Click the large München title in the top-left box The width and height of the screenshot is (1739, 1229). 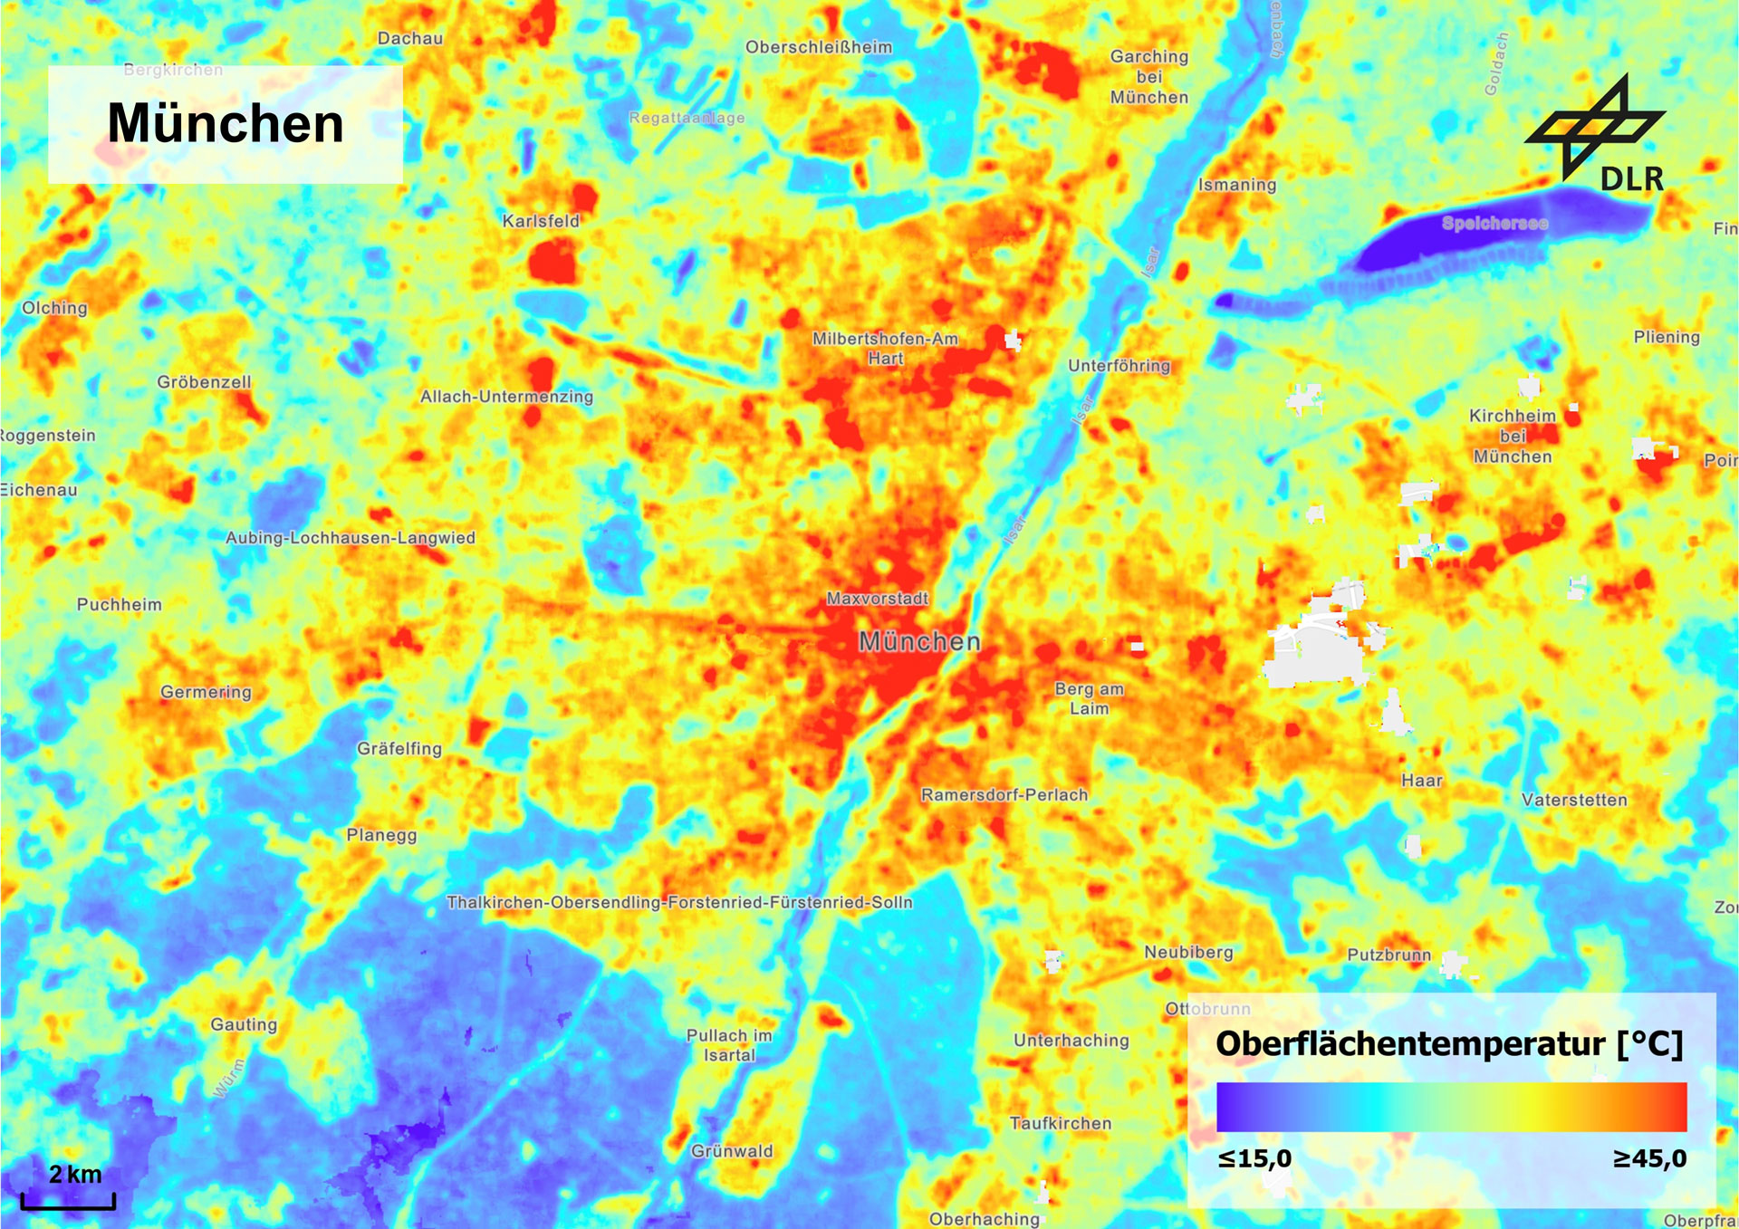(226, 123)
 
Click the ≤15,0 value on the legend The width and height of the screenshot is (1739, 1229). (1254, 1158)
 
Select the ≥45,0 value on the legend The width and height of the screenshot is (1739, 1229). (1649, 1158)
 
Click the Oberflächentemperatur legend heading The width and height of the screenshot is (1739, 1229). (1449, 1043)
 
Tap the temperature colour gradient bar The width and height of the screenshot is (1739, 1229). (1451, 1106)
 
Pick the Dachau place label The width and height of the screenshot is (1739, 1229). (410, 38)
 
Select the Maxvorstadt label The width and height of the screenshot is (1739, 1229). (877, 599)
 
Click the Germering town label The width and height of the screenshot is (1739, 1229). (206, 692)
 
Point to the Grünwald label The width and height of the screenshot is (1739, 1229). (732, 1151)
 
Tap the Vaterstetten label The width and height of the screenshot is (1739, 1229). (1574, 800)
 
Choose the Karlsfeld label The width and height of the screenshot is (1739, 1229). (541, 221)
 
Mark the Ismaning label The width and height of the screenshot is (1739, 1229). (1237, 185)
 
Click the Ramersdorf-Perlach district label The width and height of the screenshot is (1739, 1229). (1004, 794)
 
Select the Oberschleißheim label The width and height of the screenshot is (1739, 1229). (819, 47)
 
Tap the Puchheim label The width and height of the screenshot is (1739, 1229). (120, 604)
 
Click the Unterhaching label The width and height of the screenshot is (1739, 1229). (1071, 1041)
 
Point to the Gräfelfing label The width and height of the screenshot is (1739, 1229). (399, 748)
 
